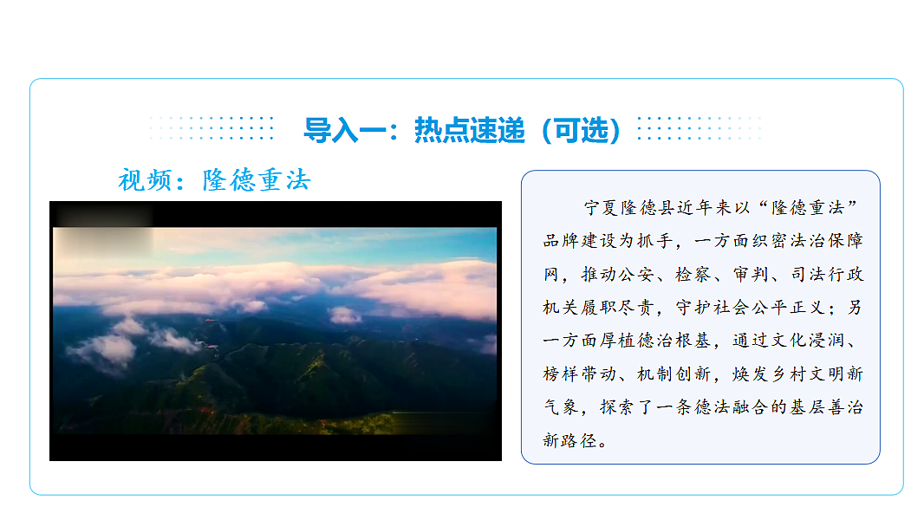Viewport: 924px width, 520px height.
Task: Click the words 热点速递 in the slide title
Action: pyautogui.click(x=469, y=130)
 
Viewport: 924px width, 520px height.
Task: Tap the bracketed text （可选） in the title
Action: pyautogui.click(x=580, y=130)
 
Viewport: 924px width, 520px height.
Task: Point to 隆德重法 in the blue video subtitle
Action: pyautogui.click(x=256, y=180)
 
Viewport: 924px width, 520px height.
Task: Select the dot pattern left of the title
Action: pyautogui.click(x=211, y=128)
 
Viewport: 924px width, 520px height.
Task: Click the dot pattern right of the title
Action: pyautogui.click(x=699, y=128)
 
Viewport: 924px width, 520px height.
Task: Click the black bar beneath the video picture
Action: pyautogui.click(x=275, y=447)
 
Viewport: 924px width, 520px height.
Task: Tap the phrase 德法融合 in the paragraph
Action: pyautogui.click(x=742, y=407)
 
